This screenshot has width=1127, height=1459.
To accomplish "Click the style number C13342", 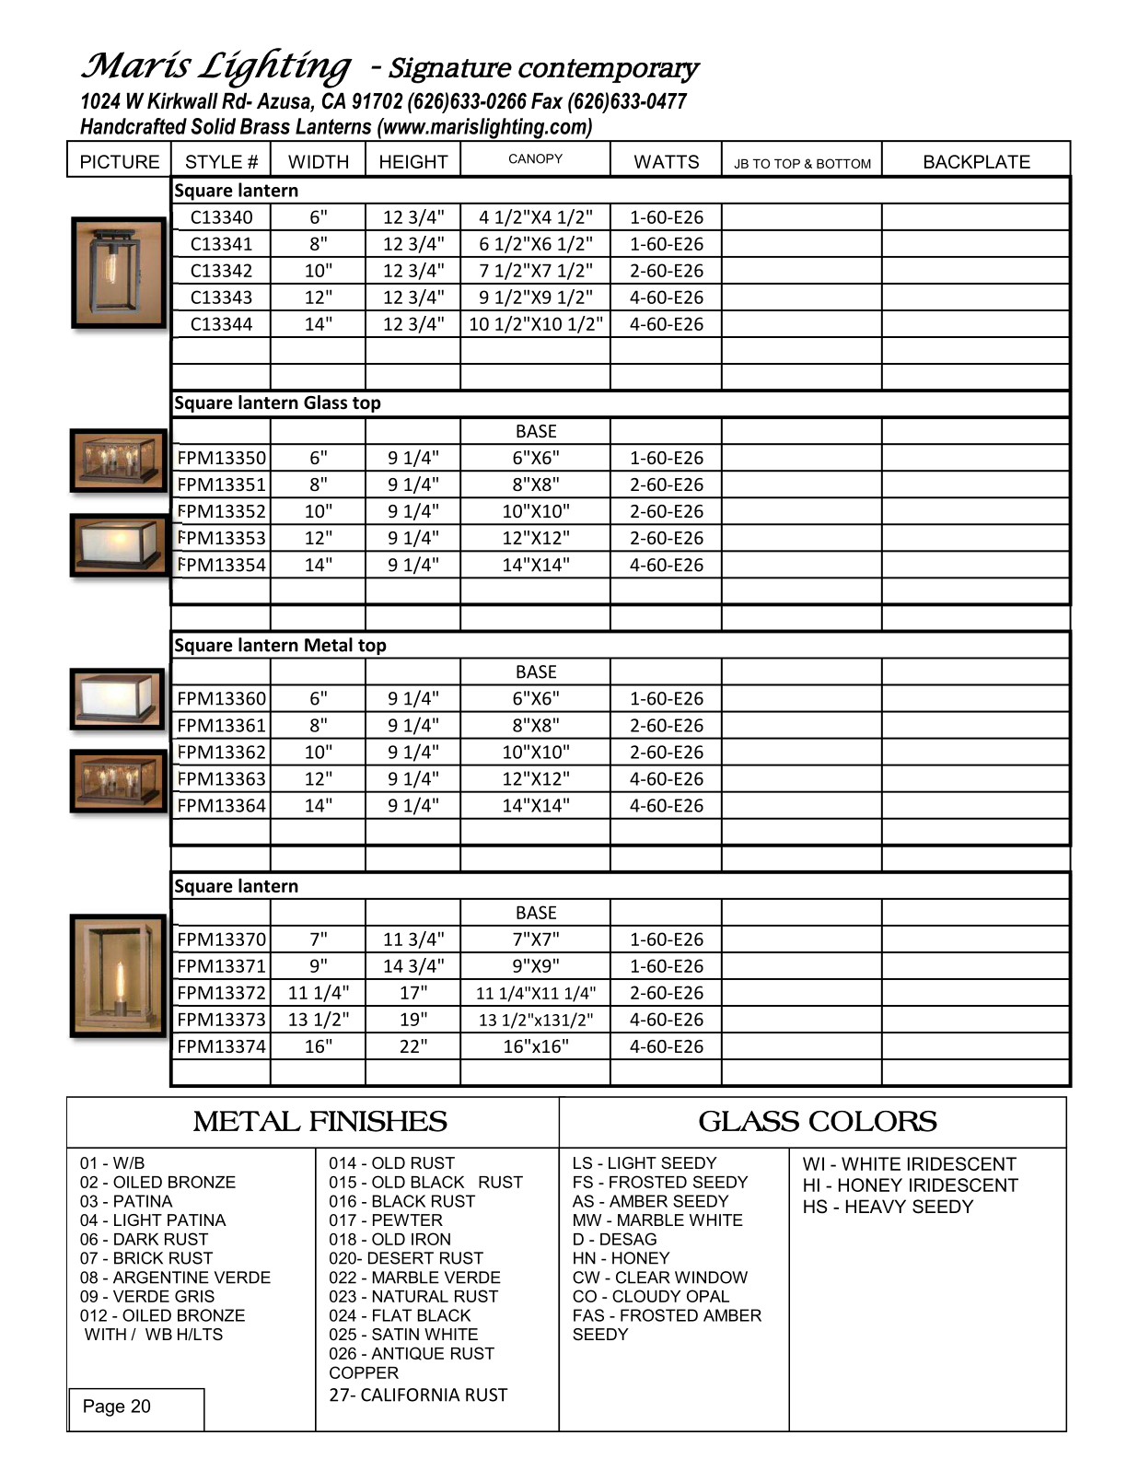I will pyautogui.click(x=221, y=271).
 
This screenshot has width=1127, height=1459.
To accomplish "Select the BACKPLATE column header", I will pyautogui.click(x=976, y=162).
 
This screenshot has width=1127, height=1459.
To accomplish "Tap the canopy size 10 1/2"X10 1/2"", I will pyautogui.click(x=536, y=324).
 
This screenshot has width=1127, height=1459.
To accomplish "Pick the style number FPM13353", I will pyautogui.click(x=221, y=538).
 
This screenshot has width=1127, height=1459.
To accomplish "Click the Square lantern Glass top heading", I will pyautogui.click(x=277, y=403).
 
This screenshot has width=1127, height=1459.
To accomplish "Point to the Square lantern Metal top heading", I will pyautogui.click(x=280, y=646).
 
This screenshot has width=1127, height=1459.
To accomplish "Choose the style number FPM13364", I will pyautogui.click(x=221, y=806).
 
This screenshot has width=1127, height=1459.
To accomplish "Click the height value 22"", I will pyautogui.click(x=413, y=1047).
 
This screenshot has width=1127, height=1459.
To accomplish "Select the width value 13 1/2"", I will pyautogui.click(x=319, y=1021).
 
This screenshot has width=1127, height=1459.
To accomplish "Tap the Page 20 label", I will pyautogui.click(x=116, y=1406).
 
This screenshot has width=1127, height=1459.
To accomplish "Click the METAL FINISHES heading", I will pyautogui.click(x=320, y=1122).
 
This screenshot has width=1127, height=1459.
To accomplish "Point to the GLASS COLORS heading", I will pyautogui.click(x=818, y=1122).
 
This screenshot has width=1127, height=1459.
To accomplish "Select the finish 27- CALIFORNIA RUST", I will pyautogui.click(x=418, y=1395).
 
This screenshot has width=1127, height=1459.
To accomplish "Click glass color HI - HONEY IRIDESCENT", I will pyautogui.click(x=910, y=1185).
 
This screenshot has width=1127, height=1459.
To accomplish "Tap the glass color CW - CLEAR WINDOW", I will pyautogui.click(x=659, y=1278).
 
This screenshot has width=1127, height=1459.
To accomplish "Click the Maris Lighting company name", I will pyautogui.click(x=216, y=66).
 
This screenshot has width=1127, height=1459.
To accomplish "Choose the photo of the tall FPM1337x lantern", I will pyautogui.click(x=118, y=976).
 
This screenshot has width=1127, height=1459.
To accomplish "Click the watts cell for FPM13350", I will pyautogui.click(x=666, y=459).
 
